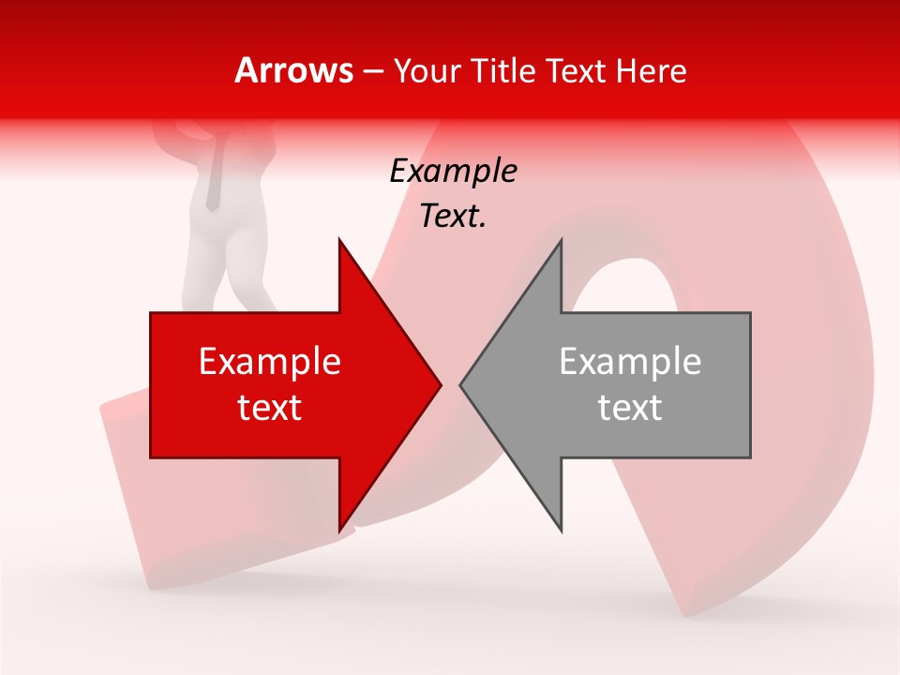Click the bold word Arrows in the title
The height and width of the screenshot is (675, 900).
click(x=293, y=70)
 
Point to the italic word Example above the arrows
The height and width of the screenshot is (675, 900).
click(x=453, y=172)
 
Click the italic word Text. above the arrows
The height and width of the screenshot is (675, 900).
click(x=453, y=217)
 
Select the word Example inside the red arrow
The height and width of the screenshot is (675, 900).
click(x=269, y=362)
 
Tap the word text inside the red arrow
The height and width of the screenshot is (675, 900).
click(x=269, y=408)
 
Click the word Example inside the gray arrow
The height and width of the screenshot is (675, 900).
click(x=630, y=362)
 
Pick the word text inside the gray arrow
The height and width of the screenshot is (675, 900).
click(x=630, y=408)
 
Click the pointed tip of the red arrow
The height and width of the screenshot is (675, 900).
click(x=441, y=384)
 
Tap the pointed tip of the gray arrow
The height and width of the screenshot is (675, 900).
click(x=460, y=384)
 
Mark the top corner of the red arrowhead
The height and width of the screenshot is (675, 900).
click(x=339, y=240)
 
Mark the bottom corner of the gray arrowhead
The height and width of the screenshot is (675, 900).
click(x=561, y=531)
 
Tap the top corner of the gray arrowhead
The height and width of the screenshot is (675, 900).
click(x=561, y=240)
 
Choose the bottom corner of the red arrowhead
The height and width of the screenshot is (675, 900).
click(x=339, y=531)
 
